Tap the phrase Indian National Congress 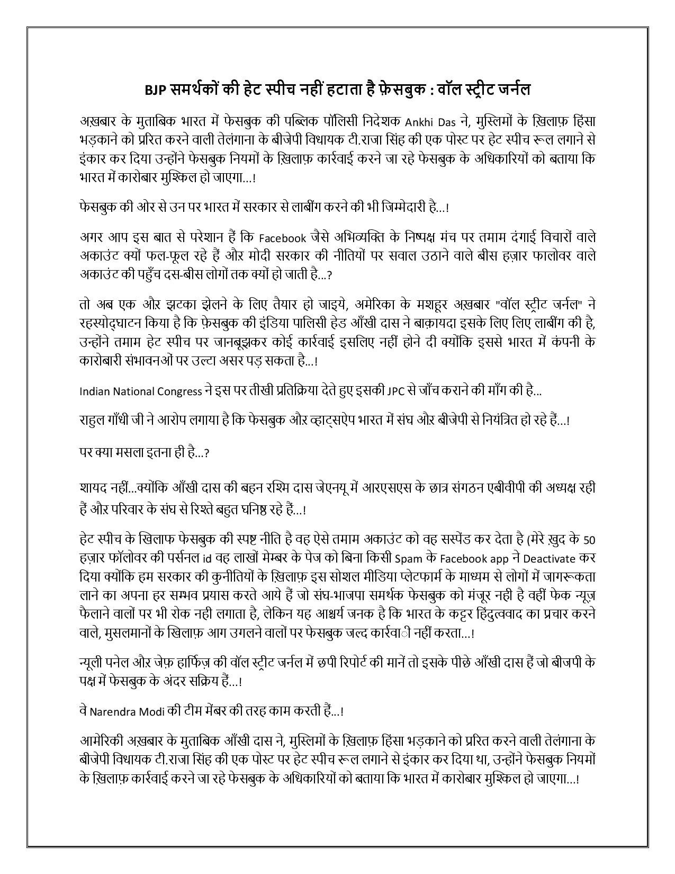[141, 391]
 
